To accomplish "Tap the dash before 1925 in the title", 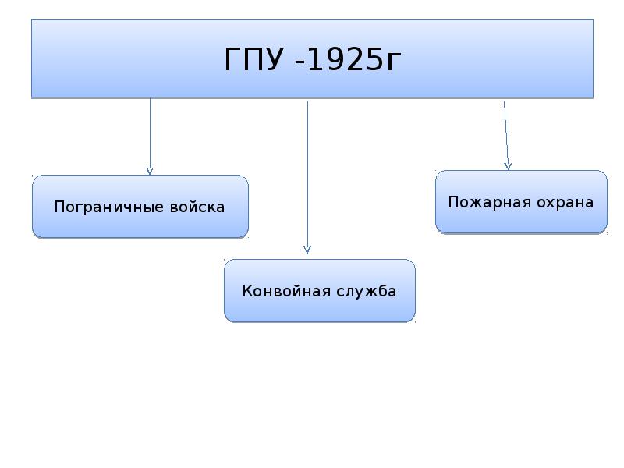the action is coord(300,62).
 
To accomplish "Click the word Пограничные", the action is coord(108,207).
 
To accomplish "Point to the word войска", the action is coord(197,207).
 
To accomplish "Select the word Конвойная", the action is coord(286,291).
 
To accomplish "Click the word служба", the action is coord(366,291).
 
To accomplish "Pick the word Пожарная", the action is coord(490,203).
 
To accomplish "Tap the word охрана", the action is coord(565,203).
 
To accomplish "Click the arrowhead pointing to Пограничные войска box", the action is coord(150,172).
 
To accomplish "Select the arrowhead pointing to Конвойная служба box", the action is coord(307,250).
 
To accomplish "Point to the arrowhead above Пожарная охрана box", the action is coord(508,166).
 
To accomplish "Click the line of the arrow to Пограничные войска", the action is coord(150,136).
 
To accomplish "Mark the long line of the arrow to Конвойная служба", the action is coord(307,178).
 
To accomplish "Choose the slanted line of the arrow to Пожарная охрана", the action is coord(505,136).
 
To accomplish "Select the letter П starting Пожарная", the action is coord(454,202).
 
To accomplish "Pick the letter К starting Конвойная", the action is coord(247,291).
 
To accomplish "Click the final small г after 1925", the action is coord(394,63).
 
